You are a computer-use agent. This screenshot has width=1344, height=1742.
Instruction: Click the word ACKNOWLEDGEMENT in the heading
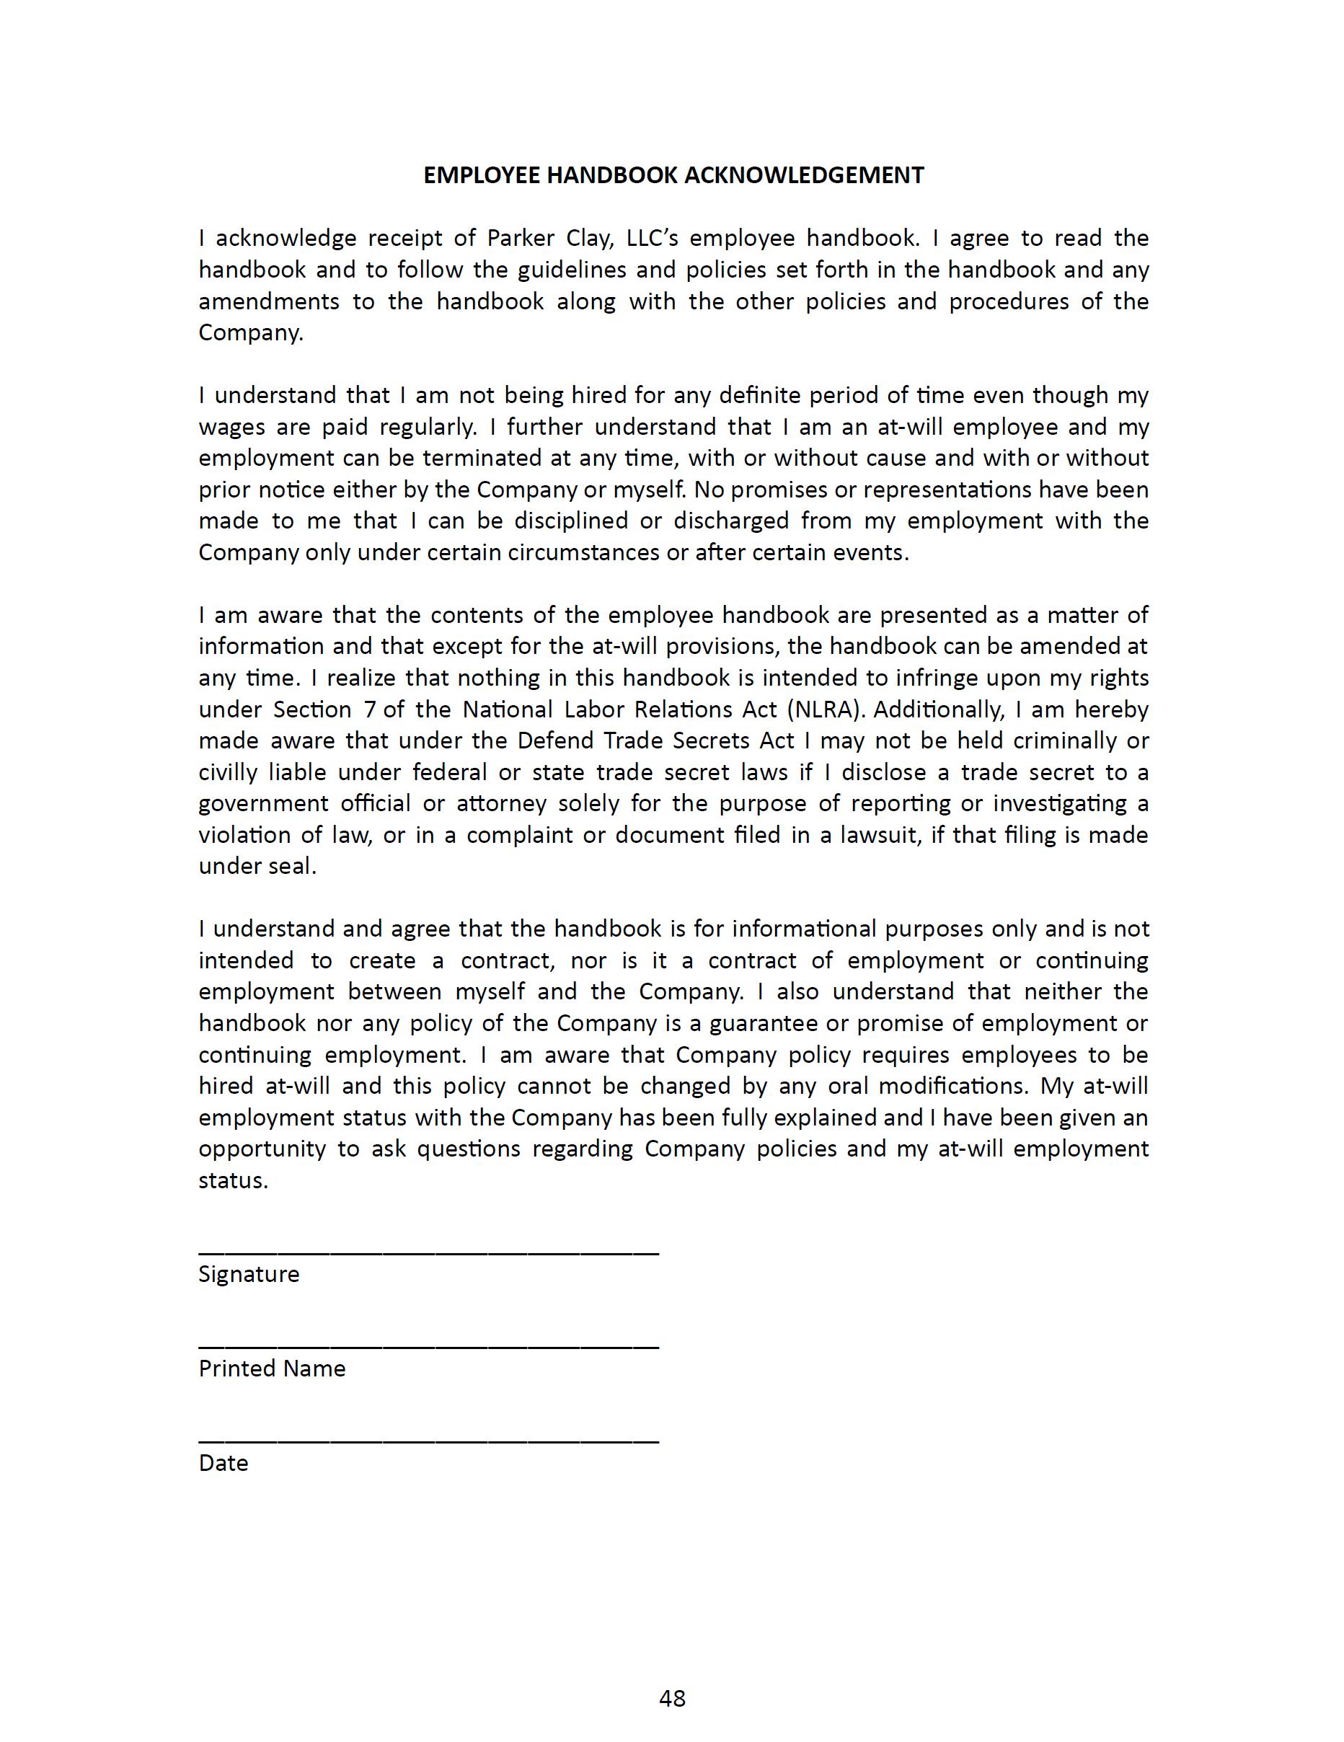(x=804, y=175)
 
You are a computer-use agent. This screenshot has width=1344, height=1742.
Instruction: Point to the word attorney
(x=502, y=804)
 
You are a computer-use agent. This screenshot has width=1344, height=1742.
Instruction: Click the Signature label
(x=249, y=1274)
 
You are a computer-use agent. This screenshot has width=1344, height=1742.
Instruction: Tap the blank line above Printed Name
(x=428, y=1346)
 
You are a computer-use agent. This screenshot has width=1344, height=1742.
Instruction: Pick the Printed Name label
(x=272, y=1369)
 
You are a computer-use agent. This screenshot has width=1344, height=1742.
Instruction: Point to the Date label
(x=224, y=1463)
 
